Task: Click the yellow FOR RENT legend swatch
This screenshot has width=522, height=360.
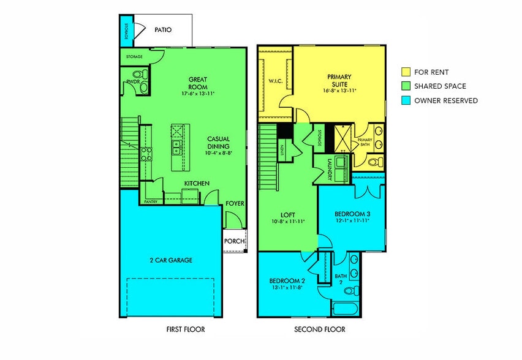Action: [406, 72]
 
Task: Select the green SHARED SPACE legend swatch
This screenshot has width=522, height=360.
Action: [406, 86]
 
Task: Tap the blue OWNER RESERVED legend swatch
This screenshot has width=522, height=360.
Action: [406, 100]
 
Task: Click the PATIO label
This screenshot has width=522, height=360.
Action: [162, 29]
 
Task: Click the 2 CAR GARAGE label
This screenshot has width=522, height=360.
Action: [171, 260]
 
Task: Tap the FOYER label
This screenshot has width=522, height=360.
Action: [235, 203]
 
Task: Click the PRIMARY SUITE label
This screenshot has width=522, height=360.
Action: [339, 81]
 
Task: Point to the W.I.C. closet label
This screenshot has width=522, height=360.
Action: [275, 80]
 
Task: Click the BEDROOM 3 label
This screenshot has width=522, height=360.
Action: [352, 214]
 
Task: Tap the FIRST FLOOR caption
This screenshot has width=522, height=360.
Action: [186, 329]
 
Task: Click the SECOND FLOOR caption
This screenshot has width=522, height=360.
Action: [320, 329]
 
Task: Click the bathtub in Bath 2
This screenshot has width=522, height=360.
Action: [347, 307]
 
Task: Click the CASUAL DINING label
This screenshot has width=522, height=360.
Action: [218, 143]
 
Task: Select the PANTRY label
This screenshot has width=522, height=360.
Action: [150, 201]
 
